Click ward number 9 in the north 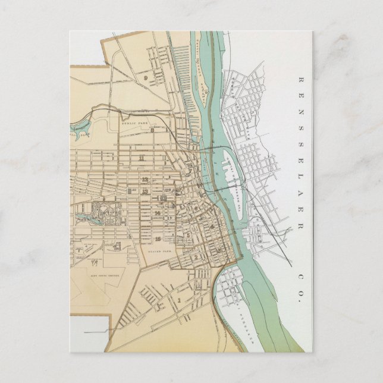[145, 77]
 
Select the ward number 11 [141, 159]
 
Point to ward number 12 [145, 179]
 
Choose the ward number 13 [145, 191]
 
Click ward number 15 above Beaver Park [158, 238]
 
